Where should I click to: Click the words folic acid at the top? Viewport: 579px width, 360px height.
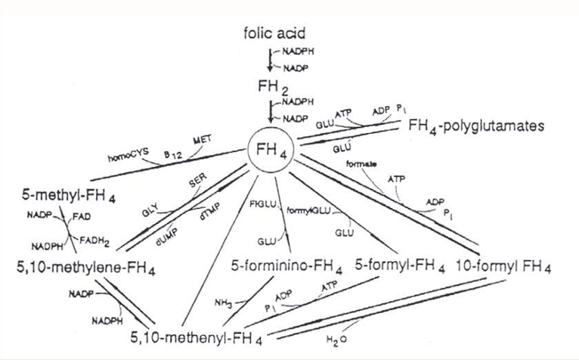tap(275, 33)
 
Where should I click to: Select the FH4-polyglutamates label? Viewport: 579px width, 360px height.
tap(475, 127)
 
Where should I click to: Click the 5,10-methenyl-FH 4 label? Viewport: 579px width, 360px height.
tap(195, 339)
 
